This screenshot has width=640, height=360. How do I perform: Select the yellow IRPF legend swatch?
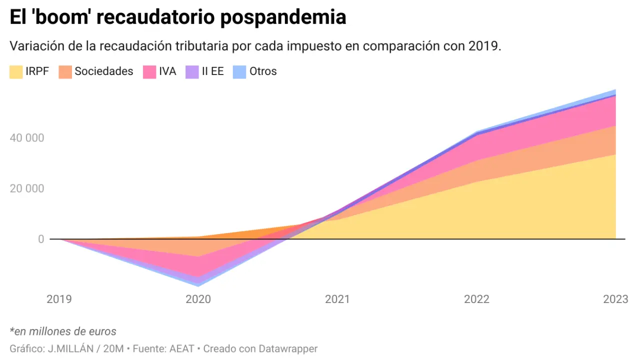click(16, 71)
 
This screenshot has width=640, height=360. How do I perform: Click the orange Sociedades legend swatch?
click(65, 71)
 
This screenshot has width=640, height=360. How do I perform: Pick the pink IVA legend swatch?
click(150, 71)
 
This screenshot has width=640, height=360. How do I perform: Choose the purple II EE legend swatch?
click(192, 71)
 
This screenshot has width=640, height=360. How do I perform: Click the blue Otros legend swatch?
click(239, 71)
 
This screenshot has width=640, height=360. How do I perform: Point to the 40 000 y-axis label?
click(27, 137)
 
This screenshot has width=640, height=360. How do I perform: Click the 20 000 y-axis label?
click(27, 188)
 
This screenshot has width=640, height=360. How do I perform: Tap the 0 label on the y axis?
click(40, 239)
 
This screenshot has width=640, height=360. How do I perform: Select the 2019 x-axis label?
click(59, 299)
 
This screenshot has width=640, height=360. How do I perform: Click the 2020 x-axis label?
click(198, 299)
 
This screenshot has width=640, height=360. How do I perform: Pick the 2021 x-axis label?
click(337, 299)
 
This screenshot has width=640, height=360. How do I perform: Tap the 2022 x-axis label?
click(476, 299)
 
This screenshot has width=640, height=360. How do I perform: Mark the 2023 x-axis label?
click(615, 299)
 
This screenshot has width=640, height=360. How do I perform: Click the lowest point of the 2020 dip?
click(198, 285)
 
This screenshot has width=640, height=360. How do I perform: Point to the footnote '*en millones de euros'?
click(63, 331)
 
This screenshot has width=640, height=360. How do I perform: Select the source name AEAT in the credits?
click(181, 348)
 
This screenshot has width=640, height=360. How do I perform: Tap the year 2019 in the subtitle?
click(483, 46)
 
